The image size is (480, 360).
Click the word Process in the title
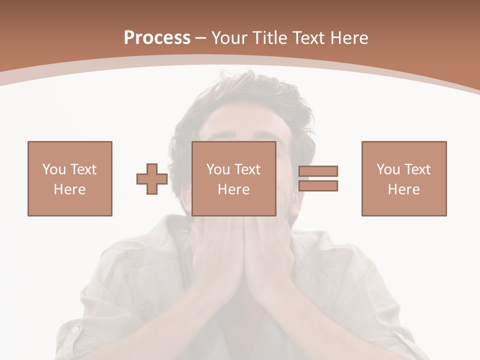pos(157,38)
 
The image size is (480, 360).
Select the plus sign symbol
pos(152,179)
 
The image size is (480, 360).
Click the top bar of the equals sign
pos(318,171)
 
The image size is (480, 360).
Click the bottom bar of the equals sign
pos(318,185)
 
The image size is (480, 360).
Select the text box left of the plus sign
pos(70,178)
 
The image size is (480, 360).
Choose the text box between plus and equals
pos(234,178)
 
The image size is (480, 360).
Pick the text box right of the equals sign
pos(404,178)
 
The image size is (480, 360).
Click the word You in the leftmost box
pos(54,169)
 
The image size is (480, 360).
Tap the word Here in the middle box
pos(234,189)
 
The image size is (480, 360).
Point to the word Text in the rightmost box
pos(417,169)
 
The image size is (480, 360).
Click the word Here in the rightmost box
pos(404,189)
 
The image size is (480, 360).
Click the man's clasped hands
pos(245,255)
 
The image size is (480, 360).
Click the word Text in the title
pos(308,38)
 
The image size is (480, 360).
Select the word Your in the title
pos(228,38)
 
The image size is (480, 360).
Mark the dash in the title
pos(200,38)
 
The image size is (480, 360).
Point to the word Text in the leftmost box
pos(83,169)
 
